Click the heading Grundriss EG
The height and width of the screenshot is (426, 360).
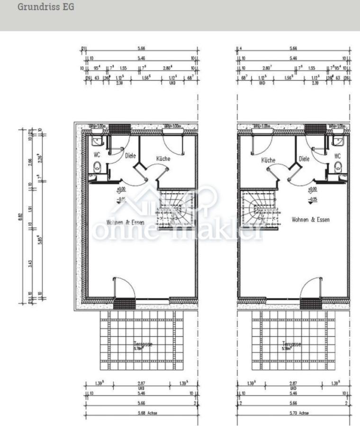pos(46,8)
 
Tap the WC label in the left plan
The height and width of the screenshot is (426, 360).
pos(97,155)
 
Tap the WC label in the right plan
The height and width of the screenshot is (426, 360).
pos(337,156)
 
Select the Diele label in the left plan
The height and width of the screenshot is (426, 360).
pos(130,155)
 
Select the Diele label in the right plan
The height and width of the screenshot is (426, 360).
pos(304,159)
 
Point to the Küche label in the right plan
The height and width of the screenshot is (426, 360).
pos(268,160)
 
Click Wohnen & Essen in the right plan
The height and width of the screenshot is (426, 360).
pos(311,220)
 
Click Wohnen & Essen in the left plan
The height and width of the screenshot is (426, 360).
pos(125,222)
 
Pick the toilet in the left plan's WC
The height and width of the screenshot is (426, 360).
pos(97,166)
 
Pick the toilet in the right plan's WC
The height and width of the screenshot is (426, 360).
pos(338,167)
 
